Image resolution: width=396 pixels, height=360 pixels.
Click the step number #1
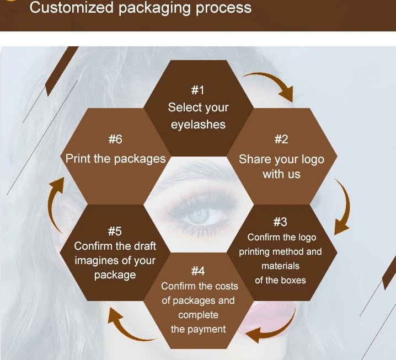tap(198, 90)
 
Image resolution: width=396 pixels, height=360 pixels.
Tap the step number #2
tap(281, 139)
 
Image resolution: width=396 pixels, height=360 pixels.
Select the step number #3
tap(280, 222)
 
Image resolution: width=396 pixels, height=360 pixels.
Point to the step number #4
tap(198, 271)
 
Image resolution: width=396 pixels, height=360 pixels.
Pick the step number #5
tap(115, 231)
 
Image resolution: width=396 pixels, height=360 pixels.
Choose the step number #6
tap(115, 139)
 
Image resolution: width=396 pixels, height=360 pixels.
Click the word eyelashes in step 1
tap(198, 125)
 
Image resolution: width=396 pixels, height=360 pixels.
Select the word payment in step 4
tap(207, 329)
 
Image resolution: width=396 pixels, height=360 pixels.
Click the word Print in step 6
tap(78, 159)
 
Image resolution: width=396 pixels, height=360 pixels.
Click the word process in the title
tap(223, 8)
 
